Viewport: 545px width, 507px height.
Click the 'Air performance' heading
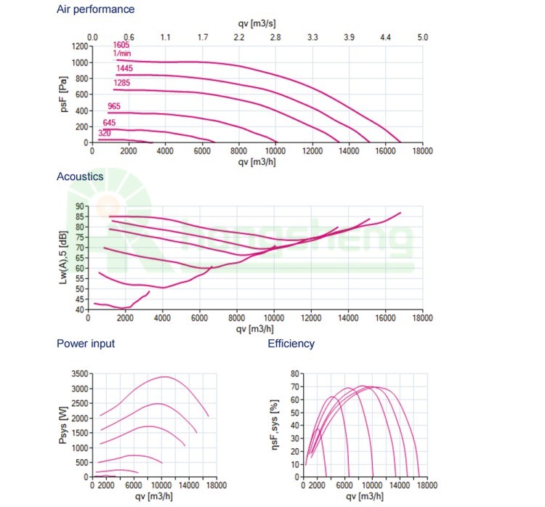coord(95,9)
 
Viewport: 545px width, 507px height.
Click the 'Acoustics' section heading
coord(80,177)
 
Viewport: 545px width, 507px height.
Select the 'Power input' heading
coord(86,344)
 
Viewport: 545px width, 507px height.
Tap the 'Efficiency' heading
coord(291,344)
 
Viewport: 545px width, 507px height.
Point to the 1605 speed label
coord(121,44)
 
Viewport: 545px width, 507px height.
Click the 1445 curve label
coord(124,69)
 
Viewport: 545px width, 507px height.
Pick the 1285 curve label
coord(121,83)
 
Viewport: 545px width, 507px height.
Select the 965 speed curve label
coord(113,107)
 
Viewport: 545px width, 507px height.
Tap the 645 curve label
coord(109,123)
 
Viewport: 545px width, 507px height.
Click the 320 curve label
coord(105,133)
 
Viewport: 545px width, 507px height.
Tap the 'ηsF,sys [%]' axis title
coord(274,425)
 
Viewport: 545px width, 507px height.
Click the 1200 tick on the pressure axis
coord(78,46)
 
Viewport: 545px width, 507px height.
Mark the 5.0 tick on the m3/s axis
coord(422,36)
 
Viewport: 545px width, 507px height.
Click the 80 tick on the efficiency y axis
coord(295,373)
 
